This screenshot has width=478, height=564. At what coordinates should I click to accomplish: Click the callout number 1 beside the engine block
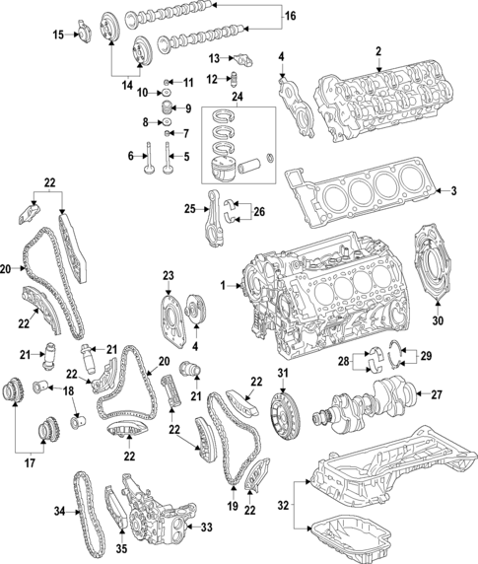pyautogui.click(x=224, y=286)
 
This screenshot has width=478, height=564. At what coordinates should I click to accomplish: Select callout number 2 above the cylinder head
pyautogui.click(x=377, y=50)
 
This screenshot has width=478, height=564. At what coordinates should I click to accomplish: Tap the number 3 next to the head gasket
pyautogui.click(x=454, y=190)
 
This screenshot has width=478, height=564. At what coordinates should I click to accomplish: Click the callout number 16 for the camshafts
pyautogui.click(x=290, y=17)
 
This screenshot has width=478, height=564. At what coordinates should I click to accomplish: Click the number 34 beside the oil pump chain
pyautogui.click(x=58, y=511)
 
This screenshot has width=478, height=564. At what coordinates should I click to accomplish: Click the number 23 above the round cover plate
pyautogui.click(x=168, y=275)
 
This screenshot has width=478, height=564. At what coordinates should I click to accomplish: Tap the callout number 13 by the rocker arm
pyautogui.click(x=213, y=58)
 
